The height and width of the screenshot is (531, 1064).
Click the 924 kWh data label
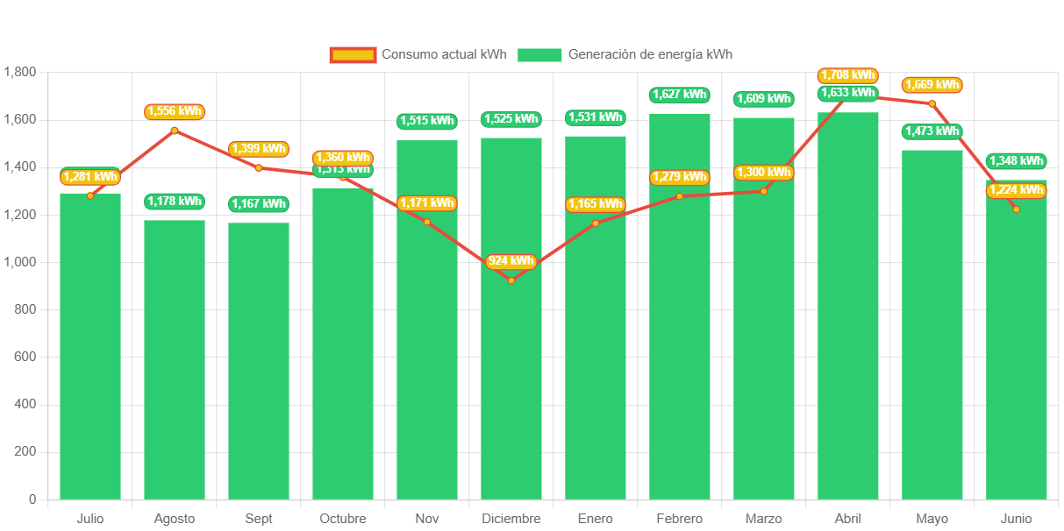coord(511,261)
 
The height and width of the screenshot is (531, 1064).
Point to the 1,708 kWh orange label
coord(848,75)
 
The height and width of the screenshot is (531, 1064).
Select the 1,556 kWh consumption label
coord(175,111)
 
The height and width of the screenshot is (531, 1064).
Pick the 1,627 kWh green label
coord(680,95)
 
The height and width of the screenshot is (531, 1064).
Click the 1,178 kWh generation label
coord(175,202)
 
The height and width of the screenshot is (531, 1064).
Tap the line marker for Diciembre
coord(511,280)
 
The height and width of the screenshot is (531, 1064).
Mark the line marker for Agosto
coord(175,131)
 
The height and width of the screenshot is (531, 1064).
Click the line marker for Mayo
coord(932,103)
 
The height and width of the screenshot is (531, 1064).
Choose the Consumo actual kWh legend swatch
coord(353,55)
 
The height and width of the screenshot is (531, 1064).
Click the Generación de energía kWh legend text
coord(650,54)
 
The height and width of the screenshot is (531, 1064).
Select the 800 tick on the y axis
coord(25,309)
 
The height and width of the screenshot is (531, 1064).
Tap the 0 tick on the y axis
coord(32,499)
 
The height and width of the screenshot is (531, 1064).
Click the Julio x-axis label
coord(90,519)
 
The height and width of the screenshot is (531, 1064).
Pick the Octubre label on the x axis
coord(343,519)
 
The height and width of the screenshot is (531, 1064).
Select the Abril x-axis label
coord(848,519)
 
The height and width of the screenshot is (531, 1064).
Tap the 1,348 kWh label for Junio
coord(1017,161)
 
